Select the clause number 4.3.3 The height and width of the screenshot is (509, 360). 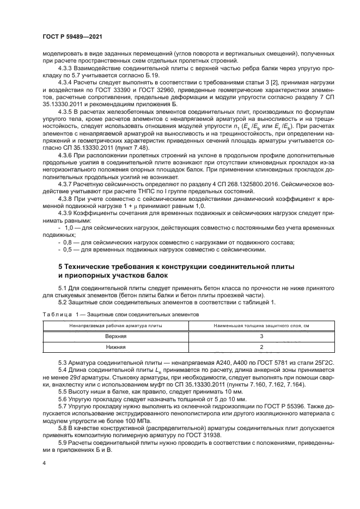click(x=66, y=69)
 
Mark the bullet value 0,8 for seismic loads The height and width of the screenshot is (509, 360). click(x=69, y=242)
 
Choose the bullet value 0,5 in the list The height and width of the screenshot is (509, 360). click(x=69, y=250)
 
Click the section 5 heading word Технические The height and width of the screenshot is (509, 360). click(x=96, y=267)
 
